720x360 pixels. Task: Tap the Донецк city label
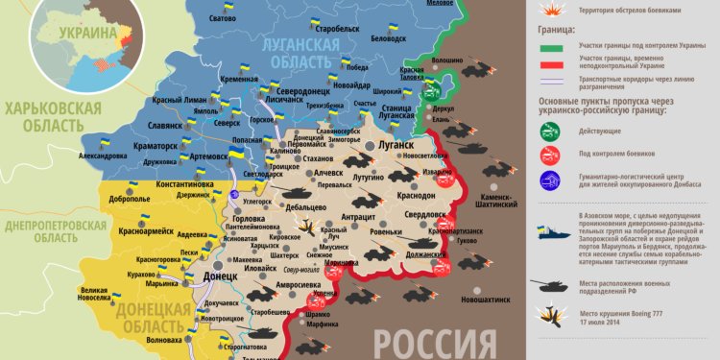tap(220, 276)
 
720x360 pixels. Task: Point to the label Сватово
tap(222, 19)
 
